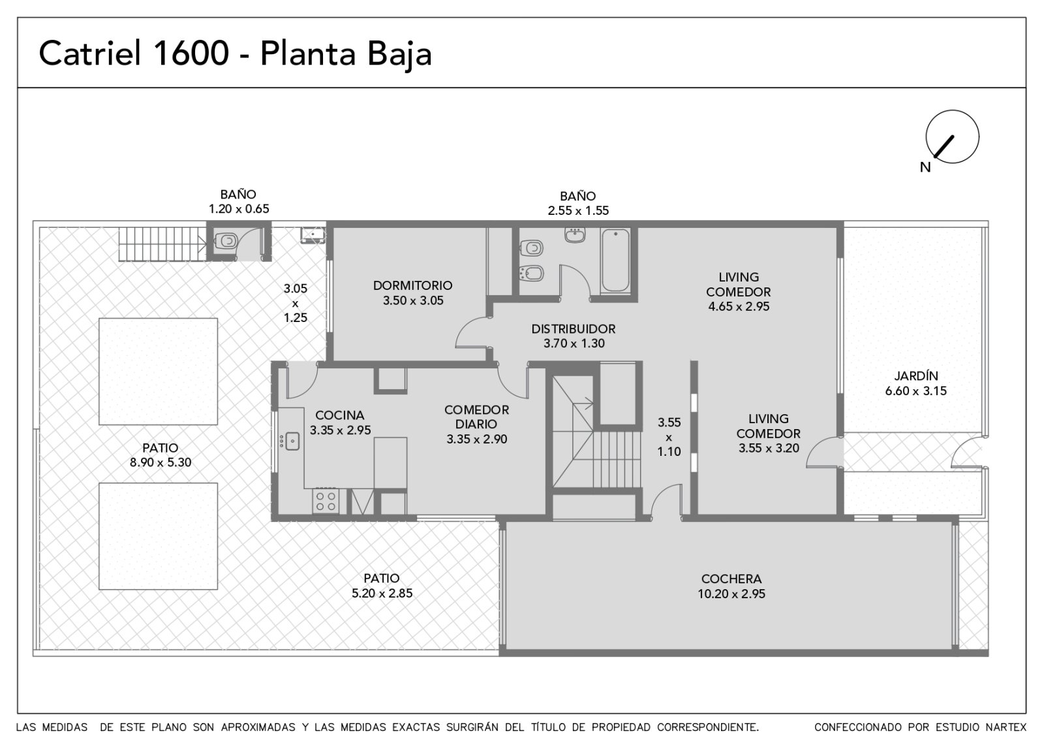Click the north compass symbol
952,136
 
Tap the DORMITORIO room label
412,285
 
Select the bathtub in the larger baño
615,261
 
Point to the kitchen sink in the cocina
292,441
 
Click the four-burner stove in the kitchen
326,501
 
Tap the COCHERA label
731,579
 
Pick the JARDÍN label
916,376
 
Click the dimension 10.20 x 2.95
731,594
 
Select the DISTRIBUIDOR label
574,329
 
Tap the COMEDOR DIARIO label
476,417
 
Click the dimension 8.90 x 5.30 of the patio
161,462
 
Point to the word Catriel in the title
90,53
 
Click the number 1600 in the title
191,53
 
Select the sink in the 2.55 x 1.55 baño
575,234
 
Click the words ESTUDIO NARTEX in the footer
968,727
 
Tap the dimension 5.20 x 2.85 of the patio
382,593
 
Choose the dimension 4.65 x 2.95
739,306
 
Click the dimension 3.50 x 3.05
413,300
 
